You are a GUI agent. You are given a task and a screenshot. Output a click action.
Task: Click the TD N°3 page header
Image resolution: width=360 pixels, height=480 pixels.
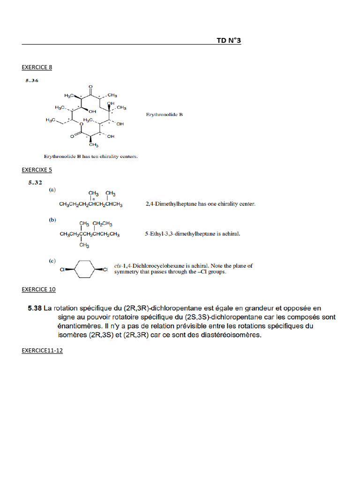point(228,41)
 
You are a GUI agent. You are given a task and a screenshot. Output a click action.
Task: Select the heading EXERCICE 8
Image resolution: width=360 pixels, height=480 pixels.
point(37,67)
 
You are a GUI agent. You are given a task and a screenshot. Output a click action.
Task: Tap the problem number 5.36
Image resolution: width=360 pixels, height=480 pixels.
point(32,80)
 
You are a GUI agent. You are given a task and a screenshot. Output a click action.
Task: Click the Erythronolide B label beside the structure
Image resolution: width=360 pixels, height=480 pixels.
point(164,114)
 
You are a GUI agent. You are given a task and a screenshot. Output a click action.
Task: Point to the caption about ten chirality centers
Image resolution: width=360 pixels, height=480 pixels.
point(90,157)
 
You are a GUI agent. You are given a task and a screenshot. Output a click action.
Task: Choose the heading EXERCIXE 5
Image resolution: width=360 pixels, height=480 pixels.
point(37,169)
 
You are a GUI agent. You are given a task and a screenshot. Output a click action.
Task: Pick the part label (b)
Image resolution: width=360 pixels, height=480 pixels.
point(53,219)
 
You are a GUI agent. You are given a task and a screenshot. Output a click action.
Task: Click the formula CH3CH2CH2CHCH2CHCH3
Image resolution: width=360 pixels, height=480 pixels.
point(91,204)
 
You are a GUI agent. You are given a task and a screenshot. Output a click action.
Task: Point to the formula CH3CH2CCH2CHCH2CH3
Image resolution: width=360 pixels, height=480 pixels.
point(90,234)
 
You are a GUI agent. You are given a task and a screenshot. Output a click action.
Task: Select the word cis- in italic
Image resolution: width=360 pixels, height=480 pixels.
point(119,266)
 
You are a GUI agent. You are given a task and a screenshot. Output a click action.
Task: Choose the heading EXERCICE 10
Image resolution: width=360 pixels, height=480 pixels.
point(38,289)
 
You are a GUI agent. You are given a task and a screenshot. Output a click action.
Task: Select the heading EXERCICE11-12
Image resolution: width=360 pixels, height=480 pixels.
point(42,350)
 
